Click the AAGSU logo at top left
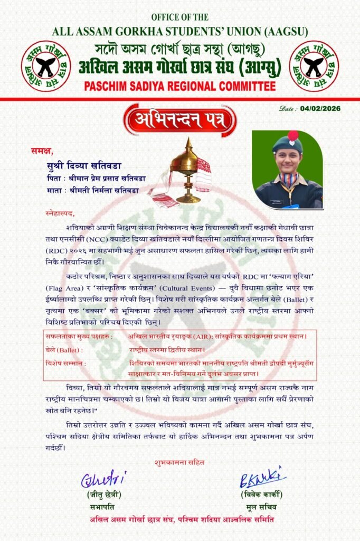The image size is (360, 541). coord(46,66)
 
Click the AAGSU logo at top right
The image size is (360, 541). coord(314,66)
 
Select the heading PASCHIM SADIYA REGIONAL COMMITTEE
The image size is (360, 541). coord(180,87)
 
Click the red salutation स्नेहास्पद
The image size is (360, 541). coord(60,213)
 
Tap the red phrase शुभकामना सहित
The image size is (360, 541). coord(179,462)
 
